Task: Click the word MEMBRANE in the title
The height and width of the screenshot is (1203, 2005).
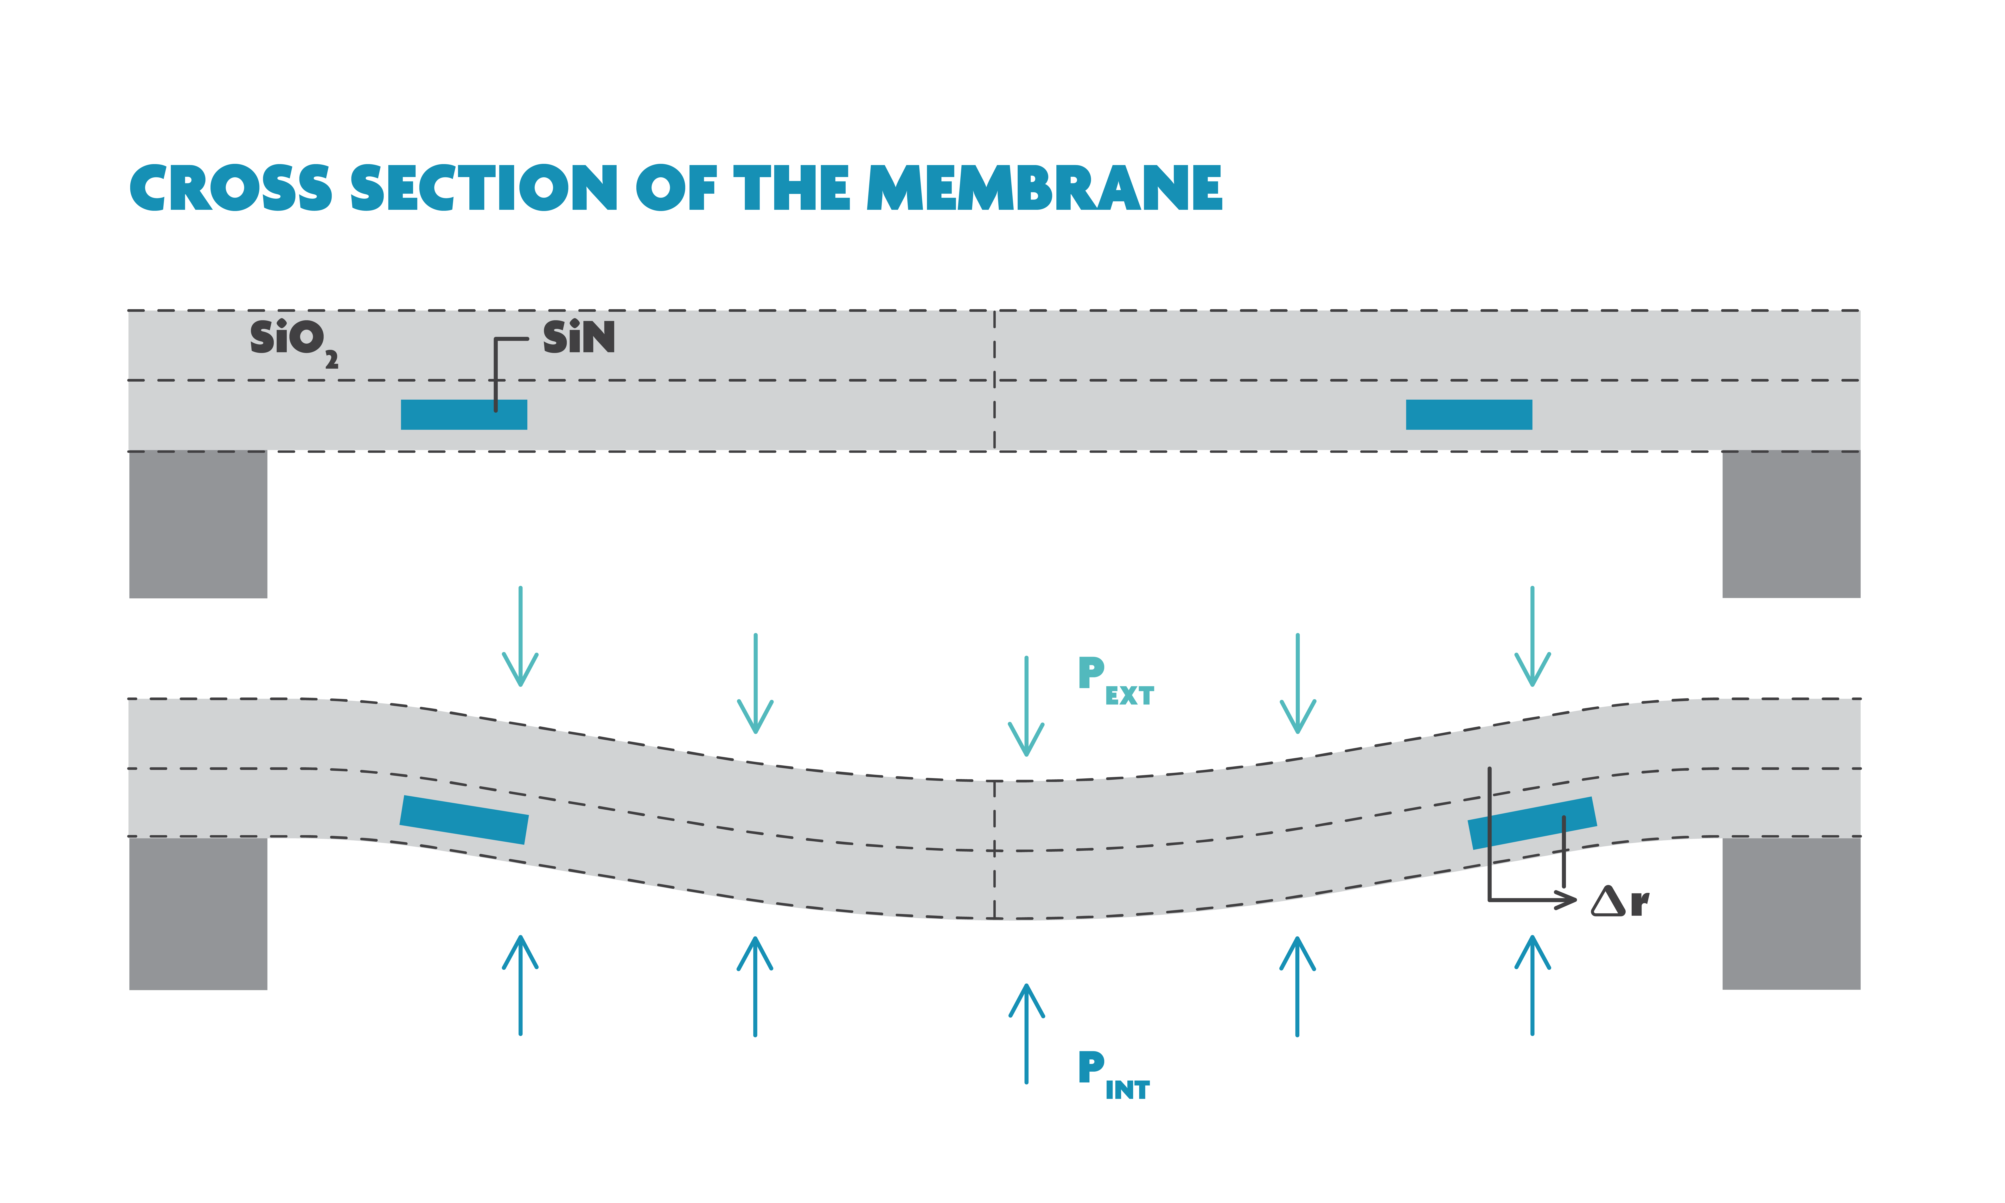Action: [1044, 188]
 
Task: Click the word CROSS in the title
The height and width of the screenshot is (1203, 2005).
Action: [231, 188]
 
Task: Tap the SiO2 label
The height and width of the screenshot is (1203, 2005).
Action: [292, 340]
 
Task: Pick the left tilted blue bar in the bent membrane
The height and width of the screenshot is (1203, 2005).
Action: [464, 819]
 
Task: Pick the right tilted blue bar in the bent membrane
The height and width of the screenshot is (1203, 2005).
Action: [1532, 823]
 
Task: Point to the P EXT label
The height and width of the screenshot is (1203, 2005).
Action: [1114, 681]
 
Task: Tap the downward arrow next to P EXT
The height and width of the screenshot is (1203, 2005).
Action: [1026, 705]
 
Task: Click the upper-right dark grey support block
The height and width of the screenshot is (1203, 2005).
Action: [1791, 525]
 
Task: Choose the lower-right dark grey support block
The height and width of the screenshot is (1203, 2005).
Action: [1791, 914]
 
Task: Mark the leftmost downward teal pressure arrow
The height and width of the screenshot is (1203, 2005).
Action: [520, 636]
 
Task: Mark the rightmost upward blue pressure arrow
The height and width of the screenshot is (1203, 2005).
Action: [1532, 985]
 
